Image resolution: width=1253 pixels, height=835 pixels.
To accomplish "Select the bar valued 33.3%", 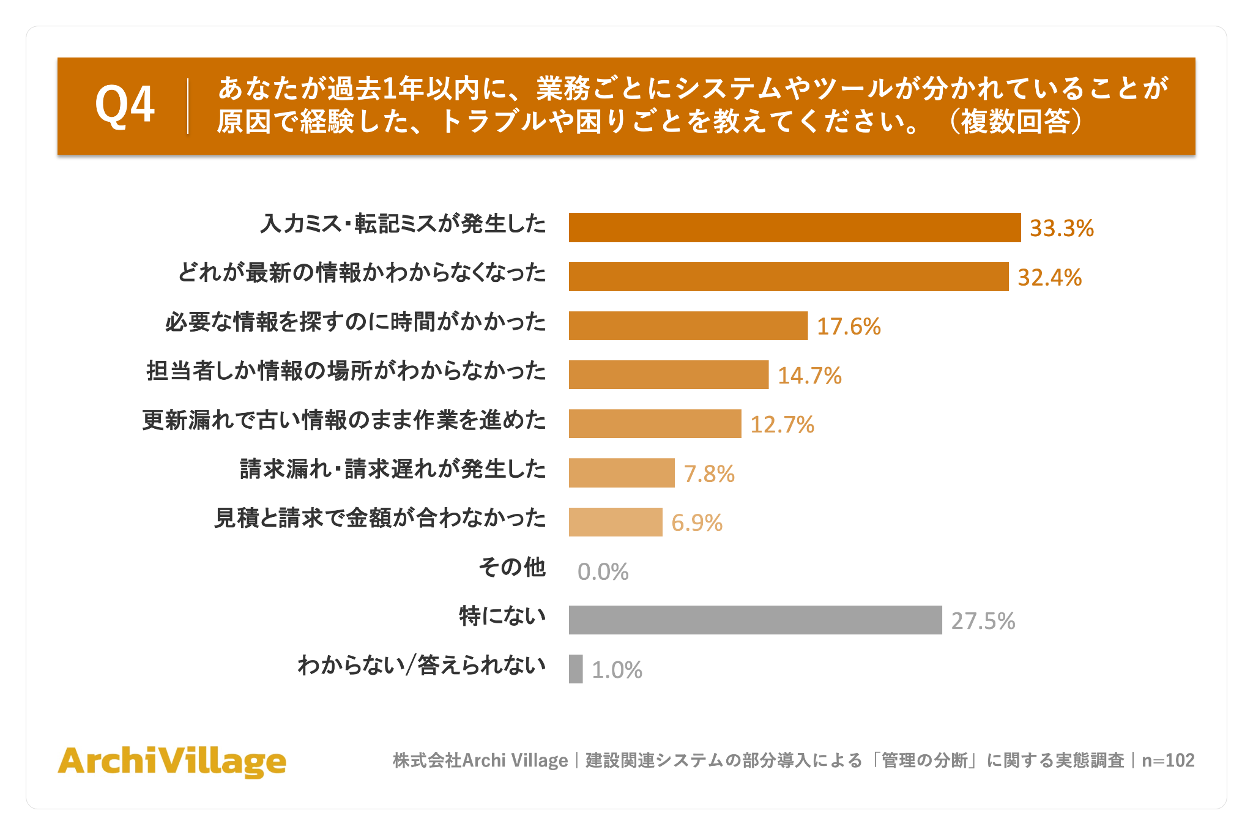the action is [x=795, y=228].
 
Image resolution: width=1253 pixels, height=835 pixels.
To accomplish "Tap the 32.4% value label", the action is [x=1049, y=277].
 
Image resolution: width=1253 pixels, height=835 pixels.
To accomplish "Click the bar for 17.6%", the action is [x=688, y=325].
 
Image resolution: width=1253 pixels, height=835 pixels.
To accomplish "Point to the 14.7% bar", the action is [x=669, y=374].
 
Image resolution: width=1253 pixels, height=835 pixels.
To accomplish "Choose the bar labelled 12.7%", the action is [x=655, y=423].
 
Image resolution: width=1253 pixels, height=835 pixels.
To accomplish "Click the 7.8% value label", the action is [x=709, y=473].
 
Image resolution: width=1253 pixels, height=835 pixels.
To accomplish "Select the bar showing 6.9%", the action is [x=615, y=522].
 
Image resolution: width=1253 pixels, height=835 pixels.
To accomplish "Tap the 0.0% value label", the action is [x=603, y=571].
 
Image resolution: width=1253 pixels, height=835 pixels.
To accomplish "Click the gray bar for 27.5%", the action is [x=756, y=620].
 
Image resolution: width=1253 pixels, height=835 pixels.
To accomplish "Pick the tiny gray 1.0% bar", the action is [x=576, y=669].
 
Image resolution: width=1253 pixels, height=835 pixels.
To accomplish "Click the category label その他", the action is [x=512, y=567].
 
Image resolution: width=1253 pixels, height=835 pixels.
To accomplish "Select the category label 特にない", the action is [x=502, y=616].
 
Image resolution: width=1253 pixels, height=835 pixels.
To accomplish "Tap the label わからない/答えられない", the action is [x=422, y=665].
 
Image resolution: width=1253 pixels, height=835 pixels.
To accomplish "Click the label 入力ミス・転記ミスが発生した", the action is [x=403, y=224].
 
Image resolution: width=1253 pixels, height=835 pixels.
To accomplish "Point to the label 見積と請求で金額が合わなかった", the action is [x=380, y=518].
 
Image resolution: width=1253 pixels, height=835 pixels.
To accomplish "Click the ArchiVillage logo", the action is [x=172, y=762].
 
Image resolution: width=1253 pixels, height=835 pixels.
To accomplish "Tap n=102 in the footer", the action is [x=1168, y=760].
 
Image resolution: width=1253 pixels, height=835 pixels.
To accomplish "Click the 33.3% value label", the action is [x=1062, y=228].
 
